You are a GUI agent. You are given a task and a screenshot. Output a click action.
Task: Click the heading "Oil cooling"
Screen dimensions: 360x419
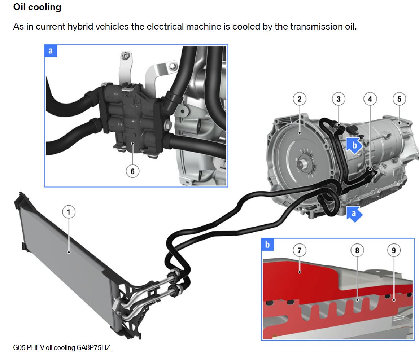click(x=37, y=7)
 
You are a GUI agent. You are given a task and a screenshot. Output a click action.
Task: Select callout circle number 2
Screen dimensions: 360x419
click(x=300, y=99)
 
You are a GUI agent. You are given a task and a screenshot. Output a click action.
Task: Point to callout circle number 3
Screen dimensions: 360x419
click(x=339, y=99)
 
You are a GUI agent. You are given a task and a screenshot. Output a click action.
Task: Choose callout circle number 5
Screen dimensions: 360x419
click(x=399, y=99)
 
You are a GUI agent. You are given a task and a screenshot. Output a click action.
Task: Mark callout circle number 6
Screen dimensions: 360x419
click(x=132, y=171)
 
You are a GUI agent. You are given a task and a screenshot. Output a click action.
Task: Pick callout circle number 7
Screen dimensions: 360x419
click(x=300, y=250)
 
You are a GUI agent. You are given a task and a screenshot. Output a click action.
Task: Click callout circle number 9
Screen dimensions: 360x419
click(x=394, y=250)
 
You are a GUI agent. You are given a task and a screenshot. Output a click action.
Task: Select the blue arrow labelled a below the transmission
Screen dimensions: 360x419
click(x=354, y=214)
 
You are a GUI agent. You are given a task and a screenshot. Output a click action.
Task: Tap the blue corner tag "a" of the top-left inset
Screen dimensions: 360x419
click(x=51, y=51)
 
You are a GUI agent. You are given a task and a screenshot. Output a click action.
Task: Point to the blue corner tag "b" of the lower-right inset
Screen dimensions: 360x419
click(x=267, y=245)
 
